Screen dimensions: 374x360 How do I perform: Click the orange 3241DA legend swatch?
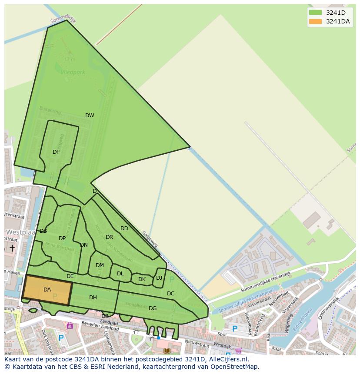pos(316,22)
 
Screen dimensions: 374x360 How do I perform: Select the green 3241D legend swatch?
pos(316,13)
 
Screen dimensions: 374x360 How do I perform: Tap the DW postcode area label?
pos(90,116)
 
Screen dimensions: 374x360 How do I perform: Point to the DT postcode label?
pos(56,152)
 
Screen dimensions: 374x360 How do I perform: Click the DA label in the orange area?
pos(47,290)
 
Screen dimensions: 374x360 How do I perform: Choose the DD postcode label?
pos(124,228)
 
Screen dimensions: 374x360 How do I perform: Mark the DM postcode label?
pos(100,265)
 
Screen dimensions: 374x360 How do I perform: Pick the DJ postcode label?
pos(159,278)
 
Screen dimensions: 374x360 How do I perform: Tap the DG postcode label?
pos(153,308)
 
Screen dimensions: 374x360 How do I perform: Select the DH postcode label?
pos(93,298)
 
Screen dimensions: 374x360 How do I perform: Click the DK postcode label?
pos(142,279)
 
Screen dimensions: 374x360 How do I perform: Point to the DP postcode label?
pos(62,238)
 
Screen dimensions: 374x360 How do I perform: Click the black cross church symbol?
pos(12,248)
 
